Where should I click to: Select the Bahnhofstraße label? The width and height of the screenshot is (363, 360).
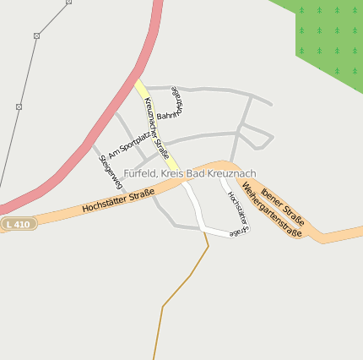pos(174,104)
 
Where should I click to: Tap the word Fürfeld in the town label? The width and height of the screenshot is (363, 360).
pos(140,173)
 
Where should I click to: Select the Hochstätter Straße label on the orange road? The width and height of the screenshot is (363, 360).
pos(118,202)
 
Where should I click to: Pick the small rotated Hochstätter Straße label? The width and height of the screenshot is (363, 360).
pos(237,211)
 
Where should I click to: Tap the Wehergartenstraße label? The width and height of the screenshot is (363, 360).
pos(272,210)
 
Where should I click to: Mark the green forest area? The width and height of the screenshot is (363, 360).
pos(329,38)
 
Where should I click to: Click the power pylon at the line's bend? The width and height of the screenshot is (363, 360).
pos(36,35)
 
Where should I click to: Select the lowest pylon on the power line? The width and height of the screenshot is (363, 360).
pos(19,106)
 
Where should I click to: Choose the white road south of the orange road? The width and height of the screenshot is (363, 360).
pos(195,206)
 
